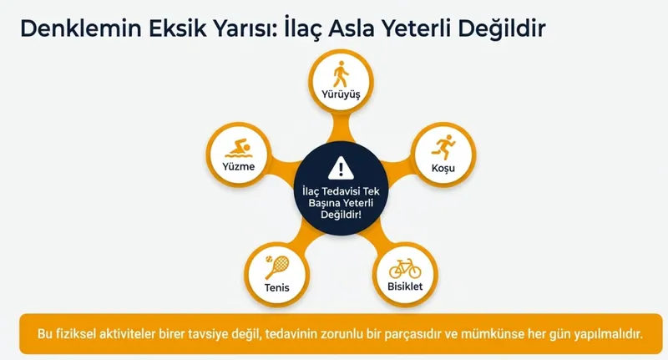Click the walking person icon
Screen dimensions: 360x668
(340, 74)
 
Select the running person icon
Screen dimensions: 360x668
(441, 147)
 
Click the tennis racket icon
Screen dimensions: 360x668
(276, 267)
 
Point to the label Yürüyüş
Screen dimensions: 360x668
(340, 94)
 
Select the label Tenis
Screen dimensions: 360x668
(276, 287)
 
